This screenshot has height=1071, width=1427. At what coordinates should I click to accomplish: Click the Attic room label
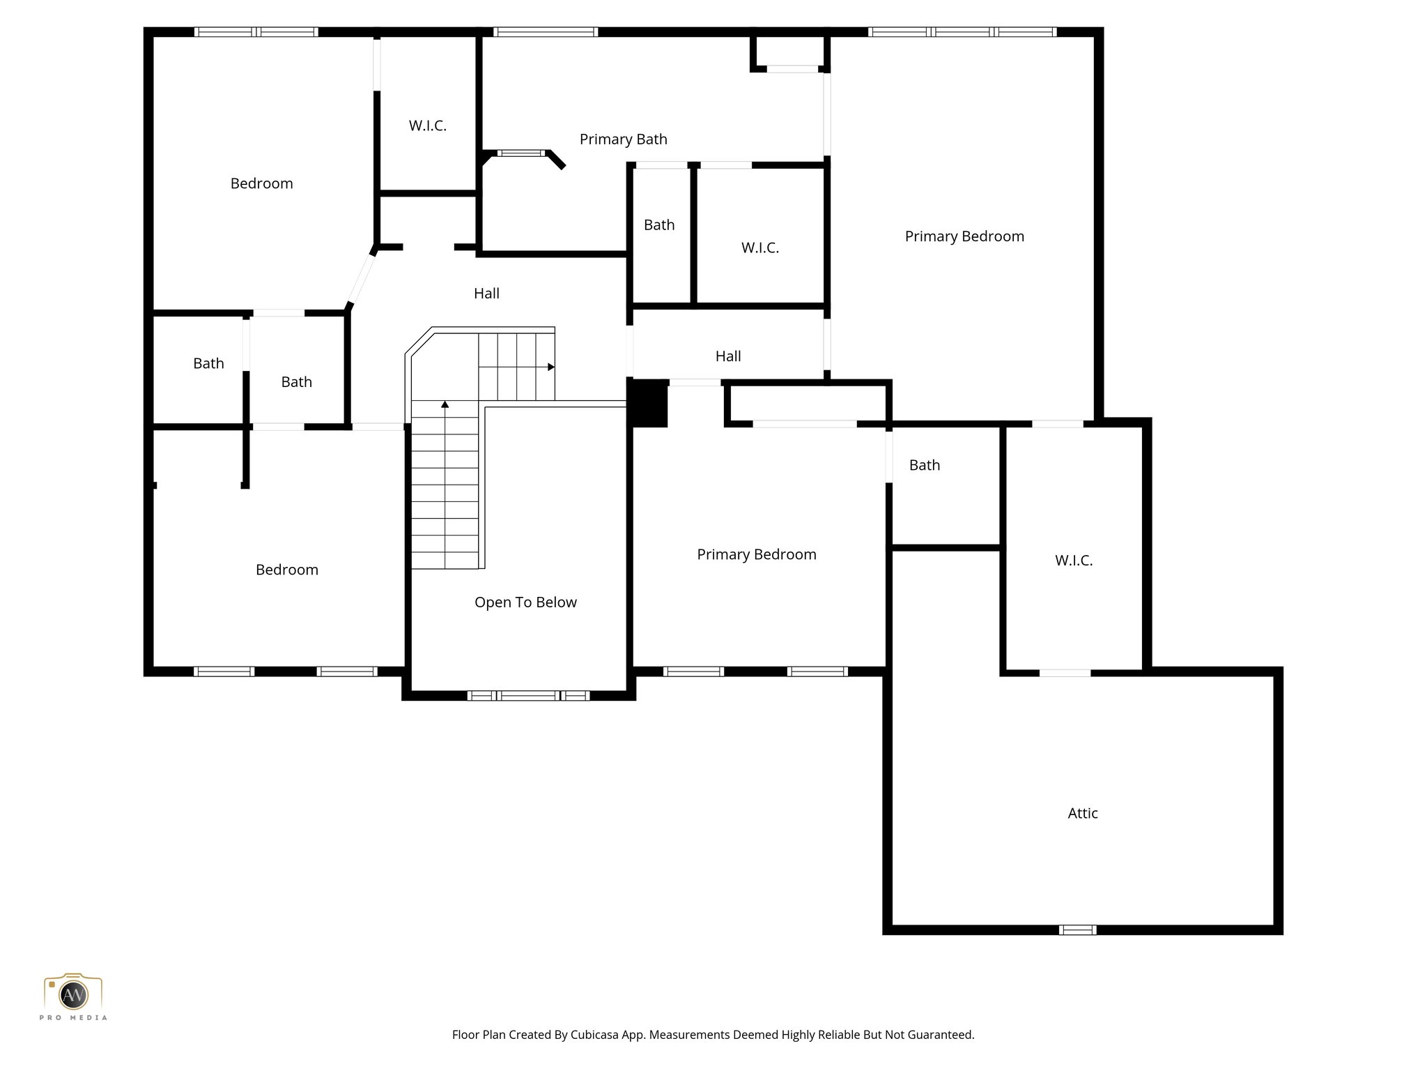click(x=1082, y=813)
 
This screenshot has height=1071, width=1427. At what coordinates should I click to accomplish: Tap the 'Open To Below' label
click(x=525, y=602)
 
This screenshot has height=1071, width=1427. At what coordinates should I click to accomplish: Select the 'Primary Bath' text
click(x=623, y=139)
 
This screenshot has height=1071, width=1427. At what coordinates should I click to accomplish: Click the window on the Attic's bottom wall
click(x=1077, y=929)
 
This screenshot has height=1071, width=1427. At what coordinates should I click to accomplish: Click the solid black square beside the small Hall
click(x=648, y=404)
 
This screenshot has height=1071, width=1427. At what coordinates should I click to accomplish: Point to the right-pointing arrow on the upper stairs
click(x=550, y=367)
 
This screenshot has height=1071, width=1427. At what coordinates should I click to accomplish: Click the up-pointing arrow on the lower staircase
click(x=445, y=404)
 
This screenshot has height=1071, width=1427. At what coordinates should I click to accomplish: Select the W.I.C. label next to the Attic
click(x=1073, y=561)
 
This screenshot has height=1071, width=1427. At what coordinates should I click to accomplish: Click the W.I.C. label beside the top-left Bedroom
click(x=427, y=126)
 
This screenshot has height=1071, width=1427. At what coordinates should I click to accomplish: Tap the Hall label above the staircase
click(x=486, y=294)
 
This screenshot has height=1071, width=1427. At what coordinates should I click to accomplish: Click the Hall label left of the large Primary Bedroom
click(x=727, y=356)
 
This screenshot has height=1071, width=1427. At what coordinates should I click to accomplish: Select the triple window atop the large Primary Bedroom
click(x=962, y=32)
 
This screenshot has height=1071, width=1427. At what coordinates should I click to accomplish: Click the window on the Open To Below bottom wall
click(x=528, y=695)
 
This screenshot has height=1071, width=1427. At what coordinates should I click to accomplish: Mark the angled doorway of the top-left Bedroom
click(x=362, y=280)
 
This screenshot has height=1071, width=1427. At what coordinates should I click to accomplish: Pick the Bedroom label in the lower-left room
click(x=286, y=570)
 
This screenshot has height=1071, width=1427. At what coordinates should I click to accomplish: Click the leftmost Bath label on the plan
click(x=208, y=363)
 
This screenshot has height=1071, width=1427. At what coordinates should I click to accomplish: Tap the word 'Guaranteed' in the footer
click(x=941, y=1035)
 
